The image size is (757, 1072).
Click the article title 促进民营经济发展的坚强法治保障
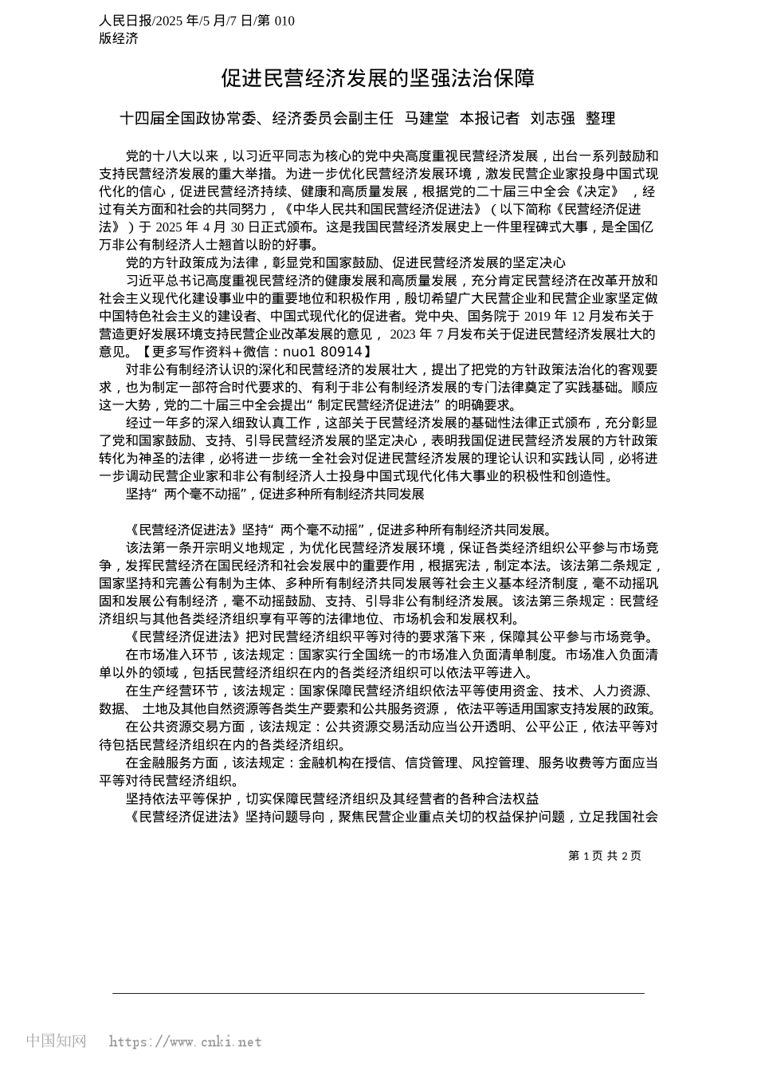[x=378, y=78]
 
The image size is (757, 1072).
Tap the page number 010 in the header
[x=284, y=21]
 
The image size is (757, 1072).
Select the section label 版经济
[x=119, y=38]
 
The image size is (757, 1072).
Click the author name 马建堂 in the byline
[x=426, y=119]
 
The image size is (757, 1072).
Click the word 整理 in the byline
[x=601, y=119]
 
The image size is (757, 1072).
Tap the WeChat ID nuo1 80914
[x=329, y=351]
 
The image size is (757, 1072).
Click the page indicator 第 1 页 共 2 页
[x=605, y=856]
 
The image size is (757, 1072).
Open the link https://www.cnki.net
[x=185, y=1042]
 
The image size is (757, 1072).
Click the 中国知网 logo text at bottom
[x=57, y=1041]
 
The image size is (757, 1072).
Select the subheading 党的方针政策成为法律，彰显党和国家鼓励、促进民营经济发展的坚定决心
[x=346, y=262]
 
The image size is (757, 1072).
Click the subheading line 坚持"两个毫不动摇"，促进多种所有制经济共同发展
[x=275, y=494]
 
